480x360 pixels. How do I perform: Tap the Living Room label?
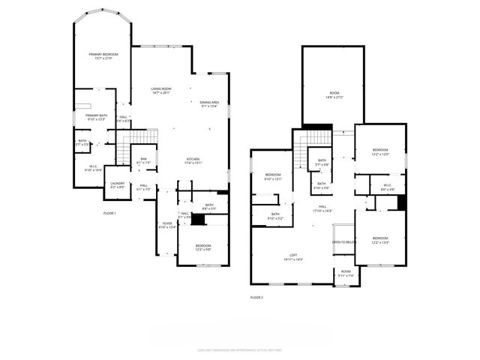[x=161, y=91]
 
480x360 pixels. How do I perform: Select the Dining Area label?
[x=209, y=104]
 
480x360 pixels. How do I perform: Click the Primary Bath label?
[x=96, y=117]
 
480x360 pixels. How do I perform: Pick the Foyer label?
[x=168, y=224]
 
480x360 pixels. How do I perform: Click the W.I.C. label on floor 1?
[x=94, y=169]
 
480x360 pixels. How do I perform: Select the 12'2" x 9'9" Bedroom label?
[x=202, y=247]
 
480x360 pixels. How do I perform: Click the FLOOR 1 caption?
[x=109, y=214]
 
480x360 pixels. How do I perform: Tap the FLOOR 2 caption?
[x=256, y=298]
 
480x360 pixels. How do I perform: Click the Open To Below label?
[x=343, y=242]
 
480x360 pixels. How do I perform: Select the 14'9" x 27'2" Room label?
[x=333, y=96]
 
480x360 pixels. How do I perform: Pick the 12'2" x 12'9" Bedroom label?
[x=380, y=152]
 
